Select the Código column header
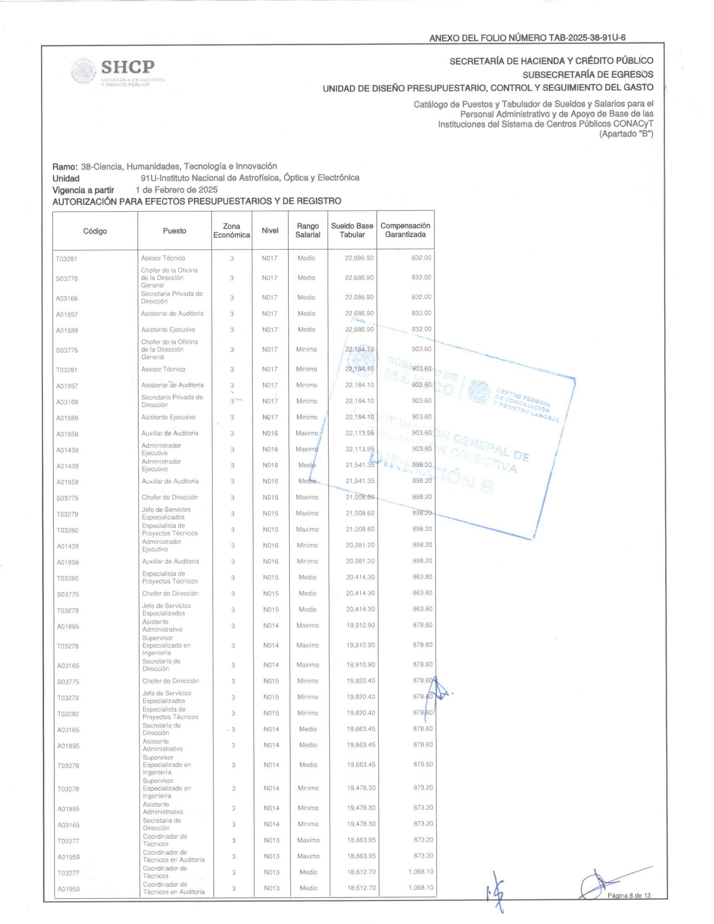[95, 231]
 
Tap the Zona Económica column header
[231, 231]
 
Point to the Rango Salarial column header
[307, 231]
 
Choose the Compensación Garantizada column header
[405, 230]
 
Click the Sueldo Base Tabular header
[352, 230]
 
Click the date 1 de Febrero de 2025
[176, 189]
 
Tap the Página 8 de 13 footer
[629, 895]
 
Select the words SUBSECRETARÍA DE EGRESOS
[588, 74]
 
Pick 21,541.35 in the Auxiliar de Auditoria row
[360, 481]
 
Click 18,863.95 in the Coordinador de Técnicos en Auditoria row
[361, 856]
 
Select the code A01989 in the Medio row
[67, 331]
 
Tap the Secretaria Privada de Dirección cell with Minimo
[172, 401]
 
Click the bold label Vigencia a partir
[83, 190]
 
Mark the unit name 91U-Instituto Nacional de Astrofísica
[249, 178]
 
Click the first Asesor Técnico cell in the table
[163, 258]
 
